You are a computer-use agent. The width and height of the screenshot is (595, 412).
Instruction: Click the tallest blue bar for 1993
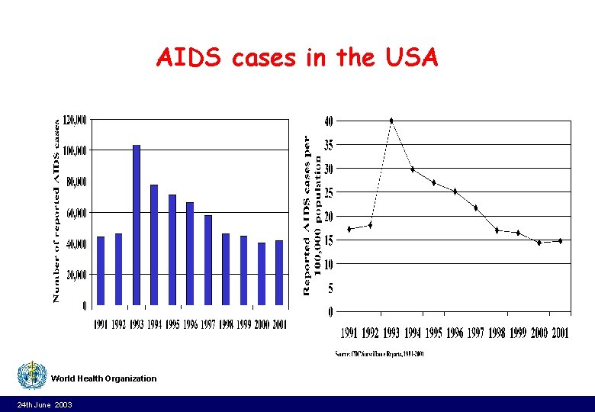137,225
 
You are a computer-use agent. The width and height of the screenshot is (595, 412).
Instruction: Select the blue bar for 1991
101,271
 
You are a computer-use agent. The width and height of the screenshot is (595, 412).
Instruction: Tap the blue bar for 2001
279,272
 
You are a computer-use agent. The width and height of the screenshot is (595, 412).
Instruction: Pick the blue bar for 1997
208,260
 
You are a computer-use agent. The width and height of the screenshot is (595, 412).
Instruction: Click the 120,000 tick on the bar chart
76,119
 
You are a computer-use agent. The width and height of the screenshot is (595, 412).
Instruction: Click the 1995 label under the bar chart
172,324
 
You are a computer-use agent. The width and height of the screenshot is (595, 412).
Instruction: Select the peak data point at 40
391,121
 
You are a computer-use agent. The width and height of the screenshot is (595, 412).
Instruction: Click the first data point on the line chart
349,229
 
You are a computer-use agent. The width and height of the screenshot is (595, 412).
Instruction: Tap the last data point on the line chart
560,241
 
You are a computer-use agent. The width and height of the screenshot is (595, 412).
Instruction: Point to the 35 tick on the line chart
328,144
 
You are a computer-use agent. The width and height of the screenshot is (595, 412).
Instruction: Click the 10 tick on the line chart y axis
328,264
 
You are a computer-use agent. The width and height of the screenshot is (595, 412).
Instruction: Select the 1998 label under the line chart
497,333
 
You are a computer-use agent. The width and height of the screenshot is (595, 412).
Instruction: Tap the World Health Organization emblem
32,376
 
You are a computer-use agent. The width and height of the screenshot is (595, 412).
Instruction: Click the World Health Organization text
104,378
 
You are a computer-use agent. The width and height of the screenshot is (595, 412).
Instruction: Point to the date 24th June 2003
45,404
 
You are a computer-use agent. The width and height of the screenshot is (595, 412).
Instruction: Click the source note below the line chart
379,353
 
